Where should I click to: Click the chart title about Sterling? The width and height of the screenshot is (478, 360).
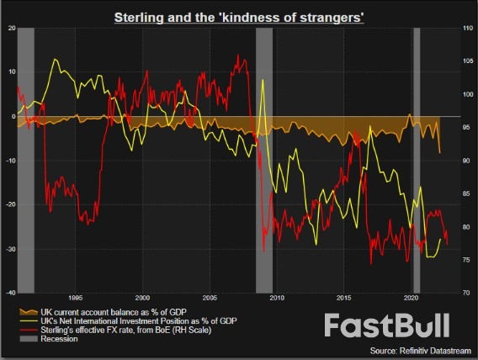tap(239, 17)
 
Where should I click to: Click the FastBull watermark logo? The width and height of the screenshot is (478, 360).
tap(388, 326)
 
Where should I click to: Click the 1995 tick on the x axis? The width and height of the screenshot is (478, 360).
tap(75, 298)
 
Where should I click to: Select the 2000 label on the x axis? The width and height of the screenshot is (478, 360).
tap(142, 298)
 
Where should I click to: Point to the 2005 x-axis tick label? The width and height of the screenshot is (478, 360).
tap(210, 298)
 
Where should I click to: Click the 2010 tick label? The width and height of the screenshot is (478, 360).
tap(277, 298)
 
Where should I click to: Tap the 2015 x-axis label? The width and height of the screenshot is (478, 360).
tap(344, 298)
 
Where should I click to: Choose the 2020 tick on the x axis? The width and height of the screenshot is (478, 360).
tap(412, 298)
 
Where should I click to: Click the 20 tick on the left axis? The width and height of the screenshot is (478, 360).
tap(10, 28)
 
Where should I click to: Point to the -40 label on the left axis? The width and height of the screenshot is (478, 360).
tap(8, 292)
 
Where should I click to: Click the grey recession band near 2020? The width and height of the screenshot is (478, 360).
tap(416, 160)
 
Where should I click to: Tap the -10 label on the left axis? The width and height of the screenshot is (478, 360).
tap(8, 160)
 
